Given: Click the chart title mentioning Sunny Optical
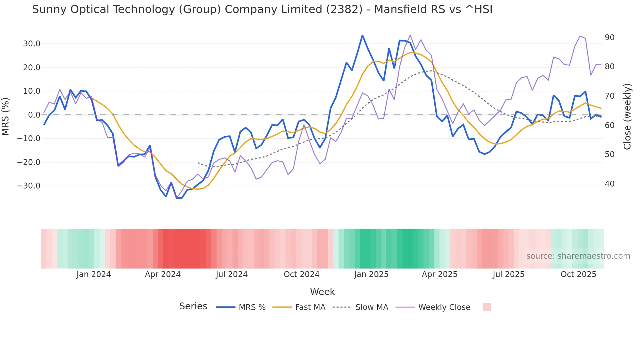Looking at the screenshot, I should coord(262,9).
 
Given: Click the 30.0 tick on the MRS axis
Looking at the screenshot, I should coord(32,44).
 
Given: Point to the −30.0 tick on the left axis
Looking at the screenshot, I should coord(29,186).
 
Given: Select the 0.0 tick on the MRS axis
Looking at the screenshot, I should coord(34,115).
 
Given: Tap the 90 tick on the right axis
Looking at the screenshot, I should coord(609,38).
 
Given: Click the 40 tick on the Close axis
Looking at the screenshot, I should coord(609,184).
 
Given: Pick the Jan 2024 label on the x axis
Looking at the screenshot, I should coord(94,274).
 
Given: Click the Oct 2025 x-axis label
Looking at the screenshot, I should coord(578,274).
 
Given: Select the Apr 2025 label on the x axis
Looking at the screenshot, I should coord(440,274).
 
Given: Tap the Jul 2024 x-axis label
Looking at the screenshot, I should coord(232,274).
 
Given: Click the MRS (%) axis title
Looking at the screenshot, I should coord(6,116).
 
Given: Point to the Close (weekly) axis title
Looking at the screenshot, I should coord(627,117).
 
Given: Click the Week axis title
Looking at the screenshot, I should coord(322,292).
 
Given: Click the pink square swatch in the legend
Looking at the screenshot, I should coord(487,307).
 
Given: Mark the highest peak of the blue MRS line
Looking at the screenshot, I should coord(362,35).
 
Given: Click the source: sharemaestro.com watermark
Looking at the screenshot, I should coord(578,256).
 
